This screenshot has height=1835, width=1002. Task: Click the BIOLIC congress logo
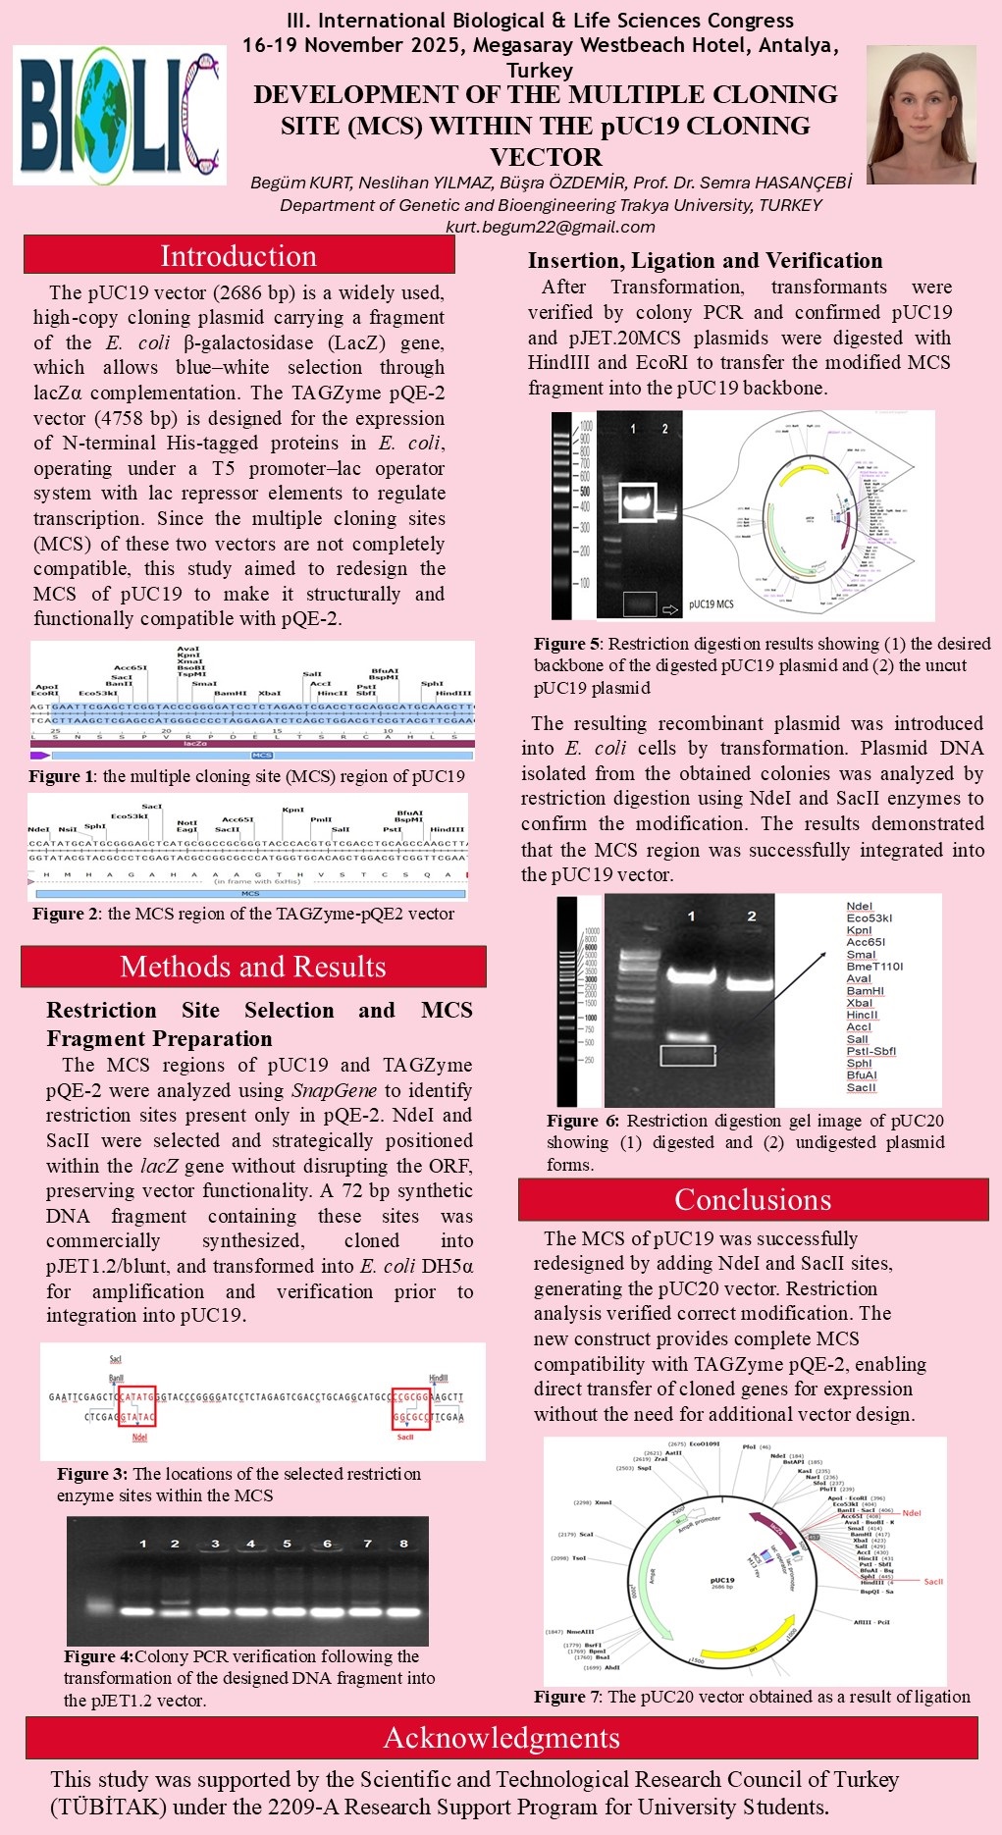point(119,115)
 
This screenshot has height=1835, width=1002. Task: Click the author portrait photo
point(921,115)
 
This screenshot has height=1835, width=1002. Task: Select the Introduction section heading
point(238,256)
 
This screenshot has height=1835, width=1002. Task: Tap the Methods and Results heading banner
point(253,967)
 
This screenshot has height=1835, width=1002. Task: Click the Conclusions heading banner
point(753,1199)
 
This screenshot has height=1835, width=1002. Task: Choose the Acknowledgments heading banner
point(501,1738)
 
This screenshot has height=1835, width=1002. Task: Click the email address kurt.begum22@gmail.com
point(551,227)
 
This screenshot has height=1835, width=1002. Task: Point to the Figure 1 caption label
point(63,776)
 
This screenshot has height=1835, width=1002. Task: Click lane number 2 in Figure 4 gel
point(175,1544)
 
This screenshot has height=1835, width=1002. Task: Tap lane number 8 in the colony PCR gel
point(403,1544)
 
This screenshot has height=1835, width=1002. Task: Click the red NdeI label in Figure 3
point(139,1438)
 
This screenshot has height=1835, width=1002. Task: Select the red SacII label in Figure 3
point(405,1437)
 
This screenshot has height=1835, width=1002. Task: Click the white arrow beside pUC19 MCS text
point(671,609)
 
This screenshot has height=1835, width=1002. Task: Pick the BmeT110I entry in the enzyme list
point(874,967)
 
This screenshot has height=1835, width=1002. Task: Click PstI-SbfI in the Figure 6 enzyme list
point(870,1051)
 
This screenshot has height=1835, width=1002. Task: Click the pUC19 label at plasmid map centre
point(722,1581)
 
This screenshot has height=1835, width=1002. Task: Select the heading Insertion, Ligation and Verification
point(705,261)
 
